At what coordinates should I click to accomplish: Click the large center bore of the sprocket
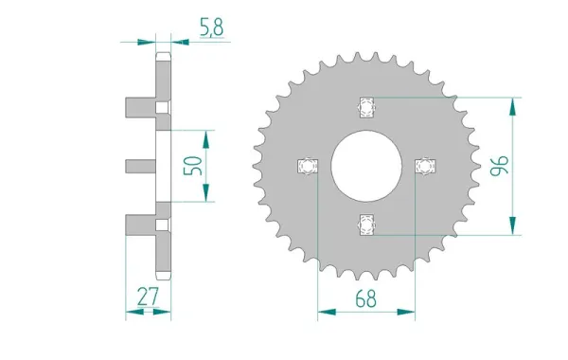(x=365, y=166)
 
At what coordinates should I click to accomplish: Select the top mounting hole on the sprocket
(x=365, y=105)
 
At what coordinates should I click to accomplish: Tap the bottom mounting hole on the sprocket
(x=365, y=225)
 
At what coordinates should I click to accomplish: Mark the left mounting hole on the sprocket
(x=306, y=167)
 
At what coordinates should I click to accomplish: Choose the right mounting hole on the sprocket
(x=425, y=167)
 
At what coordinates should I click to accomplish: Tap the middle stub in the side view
(x=140, y=166)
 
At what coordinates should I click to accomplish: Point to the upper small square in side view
(x=161, y=106)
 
